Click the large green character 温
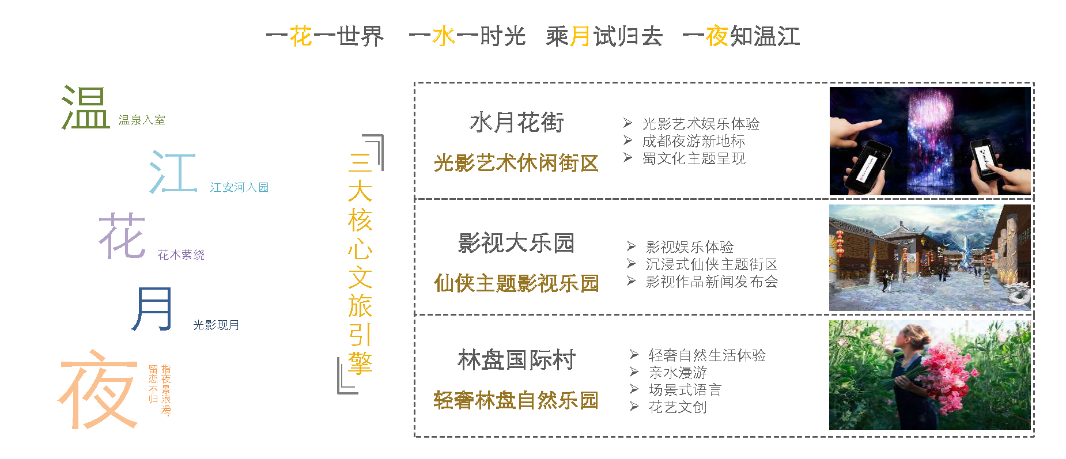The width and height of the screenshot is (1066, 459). point(85,107)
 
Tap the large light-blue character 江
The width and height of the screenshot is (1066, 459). point(173,172)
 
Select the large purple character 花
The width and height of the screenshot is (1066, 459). point(122,236)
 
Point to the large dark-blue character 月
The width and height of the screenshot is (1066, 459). point(152,309)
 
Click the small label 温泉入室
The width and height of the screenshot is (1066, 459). point(142,120)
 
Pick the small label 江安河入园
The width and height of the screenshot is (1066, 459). point(239,187)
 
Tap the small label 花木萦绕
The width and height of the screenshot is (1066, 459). point(181,255)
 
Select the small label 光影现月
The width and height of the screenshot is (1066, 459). point(216,325)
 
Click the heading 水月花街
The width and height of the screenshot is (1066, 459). point(516,122)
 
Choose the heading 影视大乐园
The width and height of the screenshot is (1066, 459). point(516,243)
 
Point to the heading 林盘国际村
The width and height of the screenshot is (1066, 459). point(516,360)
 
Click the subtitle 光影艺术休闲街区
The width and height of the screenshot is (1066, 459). point(516,163)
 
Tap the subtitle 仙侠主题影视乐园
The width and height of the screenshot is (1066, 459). point(516,283)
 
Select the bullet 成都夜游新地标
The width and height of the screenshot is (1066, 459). point(694,141)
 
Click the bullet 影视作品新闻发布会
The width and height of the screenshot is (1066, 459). point(712,282)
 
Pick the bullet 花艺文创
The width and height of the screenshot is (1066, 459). point(678,407)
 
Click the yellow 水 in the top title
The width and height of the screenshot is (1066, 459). point(444,36)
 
